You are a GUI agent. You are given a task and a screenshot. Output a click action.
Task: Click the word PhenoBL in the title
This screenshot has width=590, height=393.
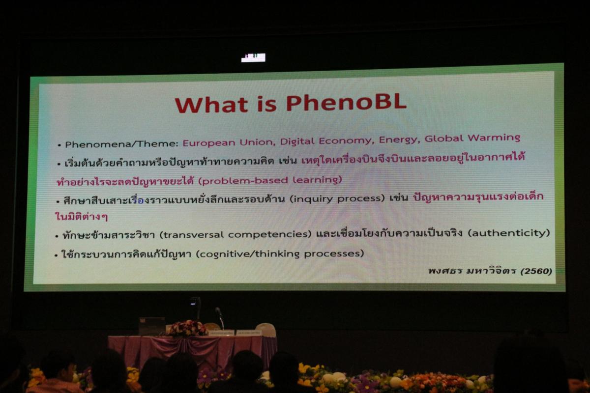pyautogui.click(x=346, y=103)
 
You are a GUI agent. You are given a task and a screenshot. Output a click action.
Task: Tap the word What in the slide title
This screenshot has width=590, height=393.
pyautogui.click(x=211, y=104)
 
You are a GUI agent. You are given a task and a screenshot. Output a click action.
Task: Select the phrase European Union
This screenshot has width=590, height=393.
pyautogui.click(x=229, y=142)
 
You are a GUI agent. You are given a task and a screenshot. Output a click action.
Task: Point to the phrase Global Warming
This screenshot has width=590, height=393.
pyautogui.click(x=472, y=138)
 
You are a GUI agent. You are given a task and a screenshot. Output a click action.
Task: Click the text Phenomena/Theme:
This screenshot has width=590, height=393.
pyautogui.click(x=122, y=144)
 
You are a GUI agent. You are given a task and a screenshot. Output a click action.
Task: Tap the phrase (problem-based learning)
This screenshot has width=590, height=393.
pyautogui.click(x=270, y=180)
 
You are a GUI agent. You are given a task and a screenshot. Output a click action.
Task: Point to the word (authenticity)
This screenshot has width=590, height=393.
pyautogui.click(x=509, y=233)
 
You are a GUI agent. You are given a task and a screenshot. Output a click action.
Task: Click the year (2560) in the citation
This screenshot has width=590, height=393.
pyautogui.click(x=536, y=271)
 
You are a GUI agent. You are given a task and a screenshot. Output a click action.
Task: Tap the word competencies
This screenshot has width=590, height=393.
pyautogui.click(x=270, y=234)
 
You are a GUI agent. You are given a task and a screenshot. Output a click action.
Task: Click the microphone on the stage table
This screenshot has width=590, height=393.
pyautogui.click(x=219, y=317)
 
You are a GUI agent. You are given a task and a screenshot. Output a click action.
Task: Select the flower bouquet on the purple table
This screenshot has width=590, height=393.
pyautogui.click(x=187, y=328)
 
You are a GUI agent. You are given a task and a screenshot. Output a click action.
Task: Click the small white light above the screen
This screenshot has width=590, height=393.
pyautogui.click(x=253, y=57)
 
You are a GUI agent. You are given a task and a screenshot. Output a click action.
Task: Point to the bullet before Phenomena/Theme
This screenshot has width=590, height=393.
pyautogui.click(x=59, y=145)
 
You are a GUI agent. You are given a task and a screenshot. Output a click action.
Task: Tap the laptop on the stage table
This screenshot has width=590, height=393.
pyautogui.click(x=152, y=326)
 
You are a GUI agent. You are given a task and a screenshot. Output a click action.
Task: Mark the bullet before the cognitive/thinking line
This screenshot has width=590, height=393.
pyautogui.click(x=56, y=255)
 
